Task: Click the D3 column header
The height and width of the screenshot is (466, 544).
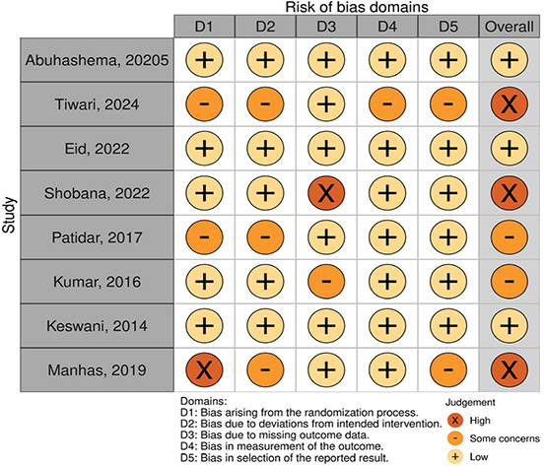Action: [x=326, y=27]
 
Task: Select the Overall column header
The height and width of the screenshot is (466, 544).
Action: [x=510, y=27]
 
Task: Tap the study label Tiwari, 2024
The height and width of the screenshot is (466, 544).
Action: [x=97, y=104]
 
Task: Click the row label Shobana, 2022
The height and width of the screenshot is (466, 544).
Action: [x=97, y=193]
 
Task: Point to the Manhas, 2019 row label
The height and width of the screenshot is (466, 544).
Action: [x=97, y=370]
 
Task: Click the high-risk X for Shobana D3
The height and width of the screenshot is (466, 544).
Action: [x=326, y=193]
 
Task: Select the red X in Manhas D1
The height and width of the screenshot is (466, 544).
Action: [x=204, y=370]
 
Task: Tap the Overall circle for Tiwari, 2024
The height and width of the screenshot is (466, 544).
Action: [x=510, y=104]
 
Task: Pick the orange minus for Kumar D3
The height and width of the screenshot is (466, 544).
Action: [x=326, y=282]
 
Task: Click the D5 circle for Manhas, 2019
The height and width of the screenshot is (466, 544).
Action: [x=448, y=370]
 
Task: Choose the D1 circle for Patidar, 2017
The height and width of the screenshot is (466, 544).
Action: [x=204, y=237]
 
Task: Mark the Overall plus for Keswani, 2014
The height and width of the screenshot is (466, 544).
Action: [x=510, y=326]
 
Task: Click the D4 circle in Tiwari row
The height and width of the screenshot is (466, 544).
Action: [x=387, y=104]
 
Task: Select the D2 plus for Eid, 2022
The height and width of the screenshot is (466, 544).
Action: [x=265, y=149]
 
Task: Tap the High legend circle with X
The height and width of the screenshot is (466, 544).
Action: [x=455, y=421]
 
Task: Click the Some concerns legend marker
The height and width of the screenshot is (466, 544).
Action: [x=455, y=438]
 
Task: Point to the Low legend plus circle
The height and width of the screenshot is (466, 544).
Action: [x=455, y=456]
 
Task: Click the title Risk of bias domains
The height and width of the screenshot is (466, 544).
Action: [x=357, y=7]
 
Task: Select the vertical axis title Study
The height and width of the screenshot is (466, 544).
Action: [x=9, y=215]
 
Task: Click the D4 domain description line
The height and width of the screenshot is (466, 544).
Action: [x=282, y=446]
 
